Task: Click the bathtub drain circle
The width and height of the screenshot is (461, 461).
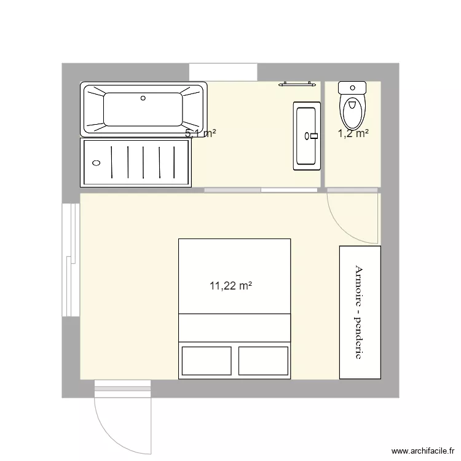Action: point(143,97)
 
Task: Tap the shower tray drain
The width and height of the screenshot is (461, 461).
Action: point(96,163)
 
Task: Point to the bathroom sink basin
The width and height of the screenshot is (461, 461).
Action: point(307,135)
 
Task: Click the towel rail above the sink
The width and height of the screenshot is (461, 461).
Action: point(299,84)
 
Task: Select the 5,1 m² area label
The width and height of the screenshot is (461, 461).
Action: point(200,132)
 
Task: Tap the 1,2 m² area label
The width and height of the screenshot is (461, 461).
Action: point(353,132)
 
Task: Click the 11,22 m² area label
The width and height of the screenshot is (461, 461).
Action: point(231,285)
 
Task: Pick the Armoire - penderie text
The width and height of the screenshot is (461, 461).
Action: point(359,312)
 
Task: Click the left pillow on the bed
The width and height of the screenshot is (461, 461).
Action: point(207,361)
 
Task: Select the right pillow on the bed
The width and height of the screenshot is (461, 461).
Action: point(263,361)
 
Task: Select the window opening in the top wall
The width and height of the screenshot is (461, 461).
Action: point(223,71)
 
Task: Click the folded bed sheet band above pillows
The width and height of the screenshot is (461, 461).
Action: point(234,326)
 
